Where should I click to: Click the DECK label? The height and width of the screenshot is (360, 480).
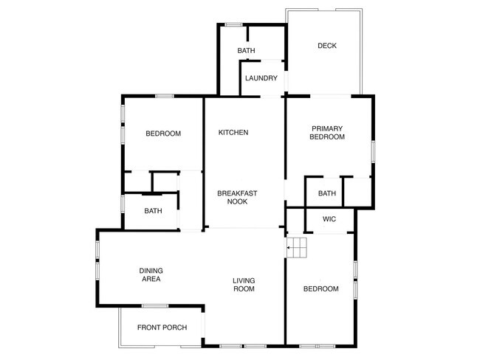click(x=327, y=46)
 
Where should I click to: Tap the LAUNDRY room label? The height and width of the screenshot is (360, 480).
click(x=261, y=78)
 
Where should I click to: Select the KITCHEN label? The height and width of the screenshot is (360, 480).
click(x=233, y=133)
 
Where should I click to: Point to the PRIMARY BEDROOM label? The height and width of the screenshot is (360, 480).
click(x=327, y=133)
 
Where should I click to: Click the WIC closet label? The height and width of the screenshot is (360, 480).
click(x=329, y=219)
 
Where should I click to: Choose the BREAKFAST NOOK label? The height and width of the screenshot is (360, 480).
click(x=237, y=197)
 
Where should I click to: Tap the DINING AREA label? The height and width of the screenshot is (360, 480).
click(x=151, y=275)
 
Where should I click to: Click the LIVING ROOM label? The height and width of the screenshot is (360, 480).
click(x=244, y=285)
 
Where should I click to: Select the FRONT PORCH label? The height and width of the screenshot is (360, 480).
click(x=162, y=328)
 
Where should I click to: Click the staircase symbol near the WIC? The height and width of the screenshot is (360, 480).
click(x=297, y=248)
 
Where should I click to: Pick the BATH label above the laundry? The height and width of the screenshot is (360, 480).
click(x=247, y=51)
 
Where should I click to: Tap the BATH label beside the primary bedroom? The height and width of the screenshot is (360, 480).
click(x=327, y=194)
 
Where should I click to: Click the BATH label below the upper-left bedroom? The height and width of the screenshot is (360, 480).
click(x=153, y=211)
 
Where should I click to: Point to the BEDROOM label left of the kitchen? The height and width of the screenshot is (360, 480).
click(x=163, y=134)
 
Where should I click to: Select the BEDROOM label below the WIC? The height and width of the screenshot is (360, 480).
click(x=321, y=289)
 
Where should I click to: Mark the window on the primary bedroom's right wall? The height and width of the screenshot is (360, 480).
click(x=373, y=150)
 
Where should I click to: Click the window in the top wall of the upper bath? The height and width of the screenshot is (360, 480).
click(x=233, y=25)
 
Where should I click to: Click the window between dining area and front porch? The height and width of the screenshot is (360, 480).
click(x=155, y=306)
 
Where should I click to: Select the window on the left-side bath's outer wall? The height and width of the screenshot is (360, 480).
click(x=123, y=204)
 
